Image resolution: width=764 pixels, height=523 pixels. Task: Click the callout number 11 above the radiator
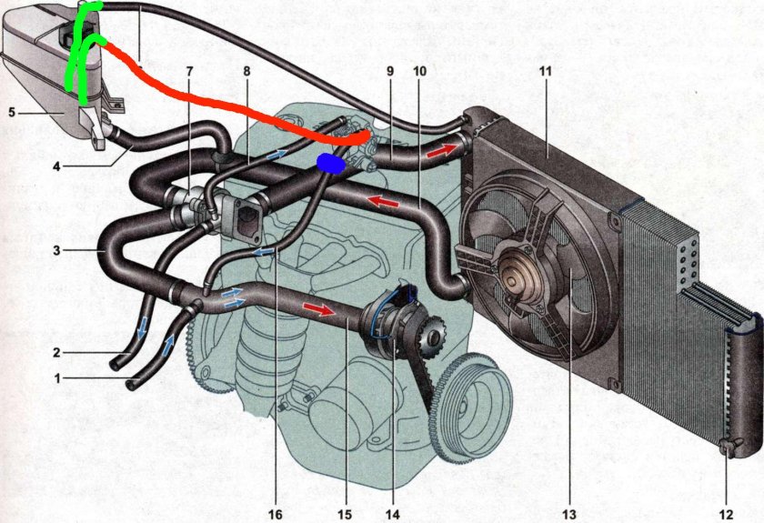545,71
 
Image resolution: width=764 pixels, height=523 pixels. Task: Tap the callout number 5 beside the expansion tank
12,113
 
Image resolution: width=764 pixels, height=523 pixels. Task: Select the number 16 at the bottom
275,514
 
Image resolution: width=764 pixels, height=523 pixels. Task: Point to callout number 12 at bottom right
726,514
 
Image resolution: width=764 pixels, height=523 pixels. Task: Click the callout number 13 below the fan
568,514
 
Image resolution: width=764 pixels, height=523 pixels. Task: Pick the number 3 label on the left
57,250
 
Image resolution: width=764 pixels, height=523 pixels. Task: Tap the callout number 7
189,71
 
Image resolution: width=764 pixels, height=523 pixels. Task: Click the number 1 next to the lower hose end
57,378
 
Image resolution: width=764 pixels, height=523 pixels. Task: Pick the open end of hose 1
132,385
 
